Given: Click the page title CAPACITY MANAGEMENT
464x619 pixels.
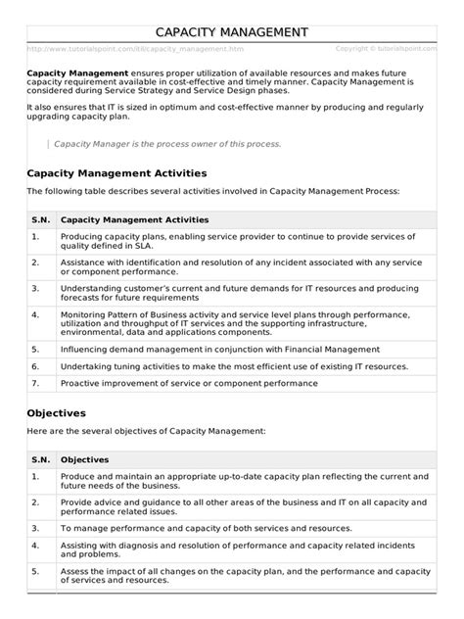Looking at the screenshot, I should [232, 33].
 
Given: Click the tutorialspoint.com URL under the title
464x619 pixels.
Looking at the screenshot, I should [136, 48].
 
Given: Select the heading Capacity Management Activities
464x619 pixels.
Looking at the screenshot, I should [124, 174].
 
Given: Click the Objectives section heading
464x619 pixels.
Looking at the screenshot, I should [57, 413].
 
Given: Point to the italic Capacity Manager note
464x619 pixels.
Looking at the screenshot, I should [166, 144].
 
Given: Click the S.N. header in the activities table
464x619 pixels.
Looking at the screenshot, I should [39, 220].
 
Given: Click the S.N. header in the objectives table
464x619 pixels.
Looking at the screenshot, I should [39, 459].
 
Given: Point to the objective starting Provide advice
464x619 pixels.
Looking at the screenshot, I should [241, 504].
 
